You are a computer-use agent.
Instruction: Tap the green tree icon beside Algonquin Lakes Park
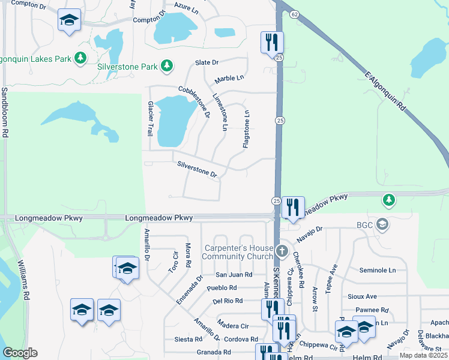(x=79, y=58)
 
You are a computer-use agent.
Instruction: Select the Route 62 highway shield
(x=293, y=13)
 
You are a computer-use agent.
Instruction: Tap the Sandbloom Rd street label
(x=5, y=113)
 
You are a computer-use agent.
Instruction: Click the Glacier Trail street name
(x=151, y=118)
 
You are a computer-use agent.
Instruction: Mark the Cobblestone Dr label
(x=194, y=101)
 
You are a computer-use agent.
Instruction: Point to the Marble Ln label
(x=230, y=78)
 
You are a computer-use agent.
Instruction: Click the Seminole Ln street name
(x=378, y=271)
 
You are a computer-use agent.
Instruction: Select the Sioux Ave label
(x=363, y=296)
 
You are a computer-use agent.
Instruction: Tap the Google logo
(x=20, y=353)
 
